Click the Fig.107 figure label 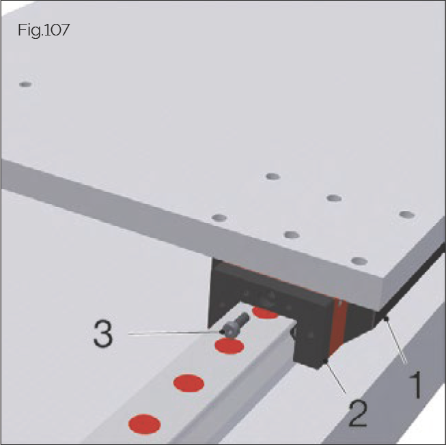click(45, 31)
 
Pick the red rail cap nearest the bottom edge click(144, 423)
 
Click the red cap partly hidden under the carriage click(264, 312)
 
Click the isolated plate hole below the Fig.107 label click(25, 85)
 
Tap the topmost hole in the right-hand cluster click(273, 177)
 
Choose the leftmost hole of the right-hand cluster click(219, 218)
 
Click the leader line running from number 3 click(174, 333)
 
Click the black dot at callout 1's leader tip click(387, 318)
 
